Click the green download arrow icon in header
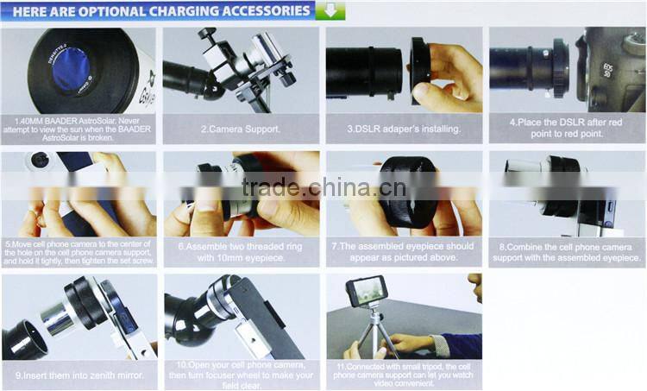[330, 11]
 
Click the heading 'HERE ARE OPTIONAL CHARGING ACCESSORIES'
[160, 11]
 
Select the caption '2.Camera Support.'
[240, 129]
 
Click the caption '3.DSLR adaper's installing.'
[403, 129]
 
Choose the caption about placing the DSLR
[566, 129]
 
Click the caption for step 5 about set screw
[79, 251]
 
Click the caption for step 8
[566, 251]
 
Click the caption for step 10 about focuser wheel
[242, 373]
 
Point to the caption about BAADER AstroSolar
[79, 129]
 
